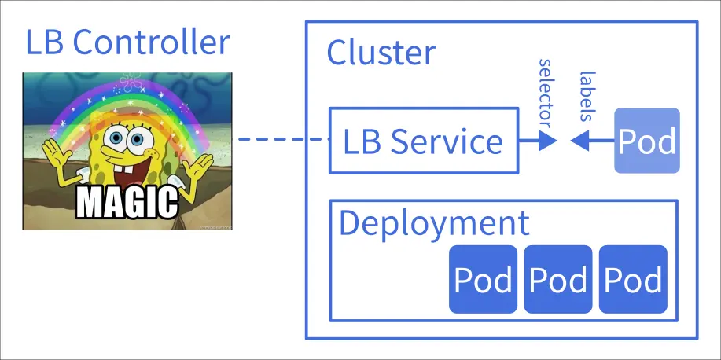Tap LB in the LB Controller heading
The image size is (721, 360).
42,42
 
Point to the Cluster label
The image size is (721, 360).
381,53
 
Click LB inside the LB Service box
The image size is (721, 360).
362,142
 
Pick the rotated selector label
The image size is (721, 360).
544,91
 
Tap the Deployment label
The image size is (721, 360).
434,223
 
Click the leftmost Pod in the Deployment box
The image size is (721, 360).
483,280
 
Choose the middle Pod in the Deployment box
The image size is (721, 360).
558,280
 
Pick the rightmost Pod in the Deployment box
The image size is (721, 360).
633,280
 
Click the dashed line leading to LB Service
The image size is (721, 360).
283,140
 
